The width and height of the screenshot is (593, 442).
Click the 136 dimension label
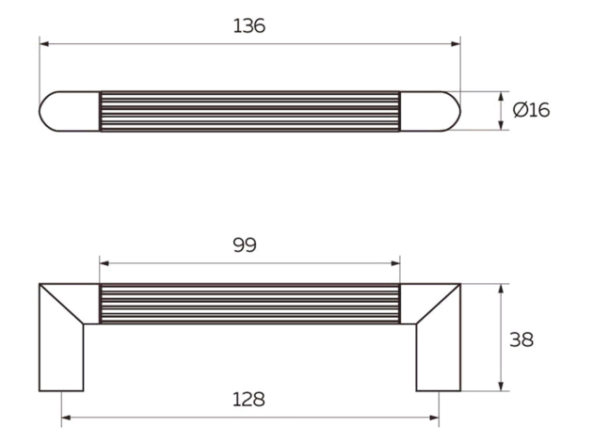coord(248,26)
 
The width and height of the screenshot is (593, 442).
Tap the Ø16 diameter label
coord(531,110)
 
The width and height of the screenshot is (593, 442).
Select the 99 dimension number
coord(245,245)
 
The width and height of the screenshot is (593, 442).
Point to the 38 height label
coord(521,339)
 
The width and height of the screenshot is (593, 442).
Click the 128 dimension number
coord(248,400)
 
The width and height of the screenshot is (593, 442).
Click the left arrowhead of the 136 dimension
coord(44,44)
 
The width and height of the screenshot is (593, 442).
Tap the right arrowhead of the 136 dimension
coord(456,44)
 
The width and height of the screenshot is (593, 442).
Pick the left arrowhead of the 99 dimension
coord(104,263)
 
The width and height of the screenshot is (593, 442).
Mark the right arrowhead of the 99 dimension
coord(395,263)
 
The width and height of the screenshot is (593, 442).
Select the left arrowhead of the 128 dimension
coord(66,418)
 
